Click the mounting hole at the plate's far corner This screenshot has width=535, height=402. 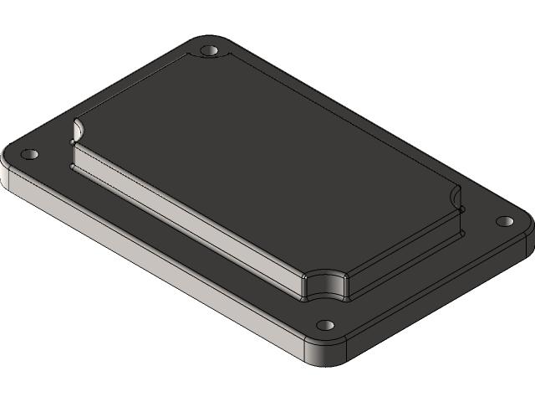click(209, 51)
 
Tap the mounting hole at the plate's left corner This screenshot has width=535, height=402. click(30, 156)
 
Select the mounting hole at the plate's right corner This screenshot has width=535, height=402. click(504, 221)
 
